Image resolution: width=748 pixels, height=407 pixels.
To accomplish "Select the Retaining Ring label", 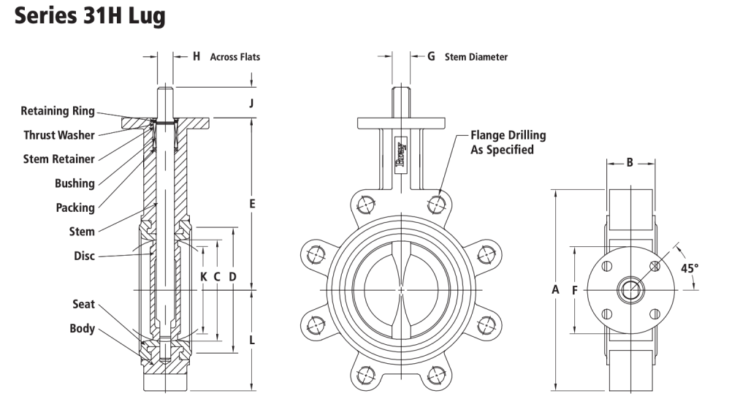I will click(58, 111).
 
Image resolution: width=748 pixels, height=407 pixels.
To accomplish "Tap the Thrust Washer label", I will click(59, 135).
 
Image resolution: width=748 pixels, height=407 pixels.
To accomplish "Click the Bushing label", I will click(75, 183).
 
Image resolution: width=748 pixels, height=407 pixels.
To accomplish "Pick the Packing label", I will click(75, 208).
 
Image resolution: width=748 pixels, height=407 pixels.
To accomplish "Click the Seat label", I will click(83, 304).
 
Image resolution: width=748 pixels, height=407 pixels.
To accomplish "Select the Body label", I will click(83, 328).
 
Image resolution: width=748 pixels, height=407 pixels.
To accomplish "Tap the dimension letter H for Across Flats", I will click(196, 56).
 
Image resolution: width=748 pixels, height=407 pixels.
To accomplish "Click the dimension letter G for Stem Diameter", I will click(431, 56).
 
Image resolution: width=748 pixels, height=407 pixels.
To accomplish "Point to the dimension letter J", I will click(251, 103).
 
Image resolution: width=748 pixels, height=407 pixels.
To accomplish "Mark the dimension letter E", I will click(251, 204).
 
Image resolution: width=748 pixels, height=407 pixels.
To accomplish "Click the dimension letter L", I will click(251, 340).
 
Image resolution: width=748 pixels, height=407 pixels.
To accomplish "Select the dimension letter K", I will click(204, 277).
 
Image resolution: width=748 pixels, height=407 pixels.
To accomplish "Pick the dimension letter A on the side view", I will click(555, 290).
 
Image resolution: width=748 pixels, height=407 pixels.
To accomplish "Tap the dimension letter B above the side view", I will click(630, 163).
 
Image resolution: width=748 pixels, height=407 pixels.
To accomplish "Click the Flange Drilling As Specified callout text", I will click(508, 142).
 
